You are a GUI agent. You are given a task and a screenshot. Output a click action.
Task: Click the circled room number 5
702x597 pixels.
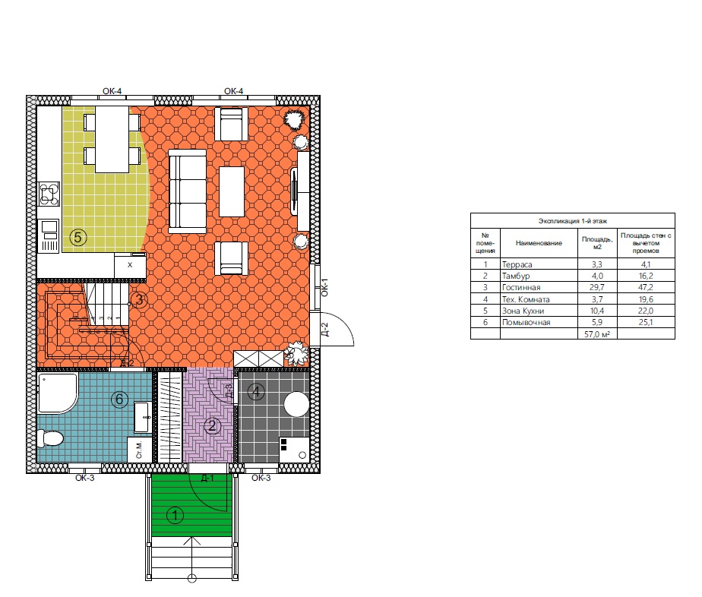pyautogui.click(x=78, y=237)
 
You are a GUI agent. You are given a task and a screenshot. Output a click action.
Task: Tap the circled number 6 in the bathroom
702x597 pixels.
pyautogui.click(x=119, y=399)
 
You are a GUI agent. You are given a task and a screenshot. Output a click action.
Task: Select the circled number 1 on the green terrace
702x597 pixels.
pyautogui.click(x=175, y=515)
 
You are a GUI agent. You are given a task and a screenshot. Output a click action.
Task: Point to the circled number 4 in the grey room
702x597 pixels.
pyautogui.click(x=256, y=392)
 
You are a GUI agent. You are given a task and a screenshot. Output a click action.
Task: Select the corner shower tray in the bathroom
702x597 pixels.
pyautogui.click(x=57, y=393)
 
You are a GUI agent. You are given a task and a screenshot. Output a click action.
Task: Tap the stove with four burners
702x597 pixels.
pyautogui.click(x=49, y=194)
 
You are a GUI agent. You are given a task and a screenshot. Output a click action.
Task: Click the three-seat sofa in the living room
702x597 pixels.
pyautogui.click(x=187, y=191)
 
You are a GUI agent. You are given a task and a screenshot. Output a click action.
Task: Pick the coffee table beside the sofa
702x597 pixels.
pyautogui.click(x=232, y=191)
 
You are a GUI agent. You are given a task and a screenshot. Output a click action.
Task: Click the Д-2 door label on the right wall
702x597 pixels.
pyautogui.click(x=325, y=330)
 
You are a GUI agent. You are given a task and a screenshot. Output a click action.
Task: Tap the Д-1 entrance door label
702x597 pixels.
pyautogui.click(x=207, y=479)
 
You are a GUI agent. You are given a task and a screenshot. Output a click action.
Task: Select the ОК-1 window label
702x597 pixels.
pyautogui.click(x=325, y=287)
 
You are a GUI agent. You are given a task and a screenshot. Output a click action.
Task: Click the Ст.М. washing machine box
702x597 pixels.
pyautogui.click(x=140, y=450)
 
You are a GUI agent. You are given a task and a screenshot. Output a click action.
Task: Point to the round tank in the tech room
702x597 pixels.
pyautogui.click(x=296, y=405)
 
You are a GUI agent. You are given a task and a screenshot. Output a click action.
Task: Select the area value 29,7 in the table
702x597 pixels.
pyautogui.click(x=597, y=287)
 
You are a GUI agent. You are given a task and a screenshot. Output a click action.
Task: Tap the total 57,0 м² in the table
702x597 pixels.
pyautogui.click(x=597, y=334)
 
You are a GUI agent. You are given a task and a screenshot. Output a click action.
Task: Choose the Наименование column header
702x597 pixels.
pyautogui.click(x=539, y=243)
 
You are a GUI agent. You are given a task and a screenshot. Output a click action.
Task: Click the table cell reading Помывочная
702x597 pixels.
pyautogui.click(x=526, y=322)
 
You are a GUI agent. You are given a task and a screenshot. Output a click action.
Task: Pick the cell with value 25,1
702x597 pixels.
pyautogui.click(x=646, y=322)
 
